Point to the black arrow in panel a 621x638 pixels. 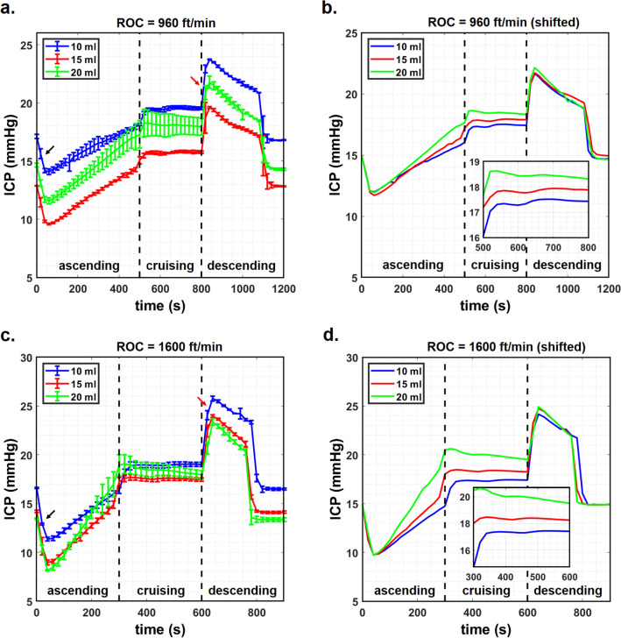tap(54, 152)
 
